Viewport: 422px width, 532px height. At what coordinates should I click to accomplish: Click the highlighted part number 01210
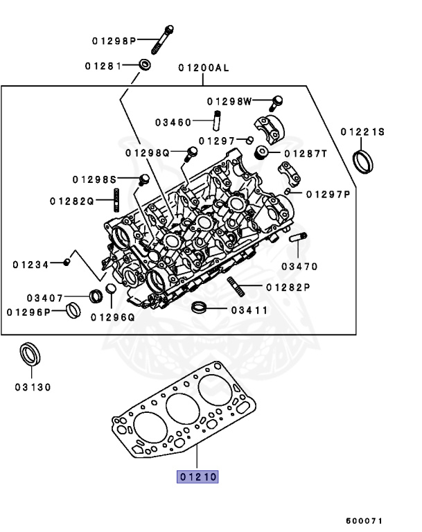pos(198,477)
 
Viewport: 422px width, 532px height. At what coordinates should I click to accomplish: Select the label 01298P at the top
pos(114,41)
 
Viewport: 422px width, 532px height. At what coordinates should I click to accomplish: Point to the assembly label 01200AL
pos(202,68)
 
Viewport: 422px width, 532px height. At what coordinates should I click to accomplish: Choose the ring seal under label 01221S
pos(363,160)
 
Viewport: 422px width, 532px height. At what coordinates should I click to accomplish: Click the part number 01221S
pos(362,132)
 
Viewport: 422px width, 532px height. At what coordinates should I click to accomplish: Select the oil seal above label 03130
pos(29,355)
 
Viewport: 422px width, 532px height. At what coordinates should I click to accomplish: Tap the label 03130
pos(32,387)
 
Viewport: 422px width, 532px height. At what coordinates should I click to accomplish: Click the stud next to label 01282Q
pos(116,201)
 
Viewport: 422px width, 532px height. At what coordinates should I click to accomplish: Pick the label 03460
pos(173,122)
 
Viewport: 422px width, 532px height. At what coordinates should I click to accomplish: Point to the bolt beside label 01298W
pos(276,102)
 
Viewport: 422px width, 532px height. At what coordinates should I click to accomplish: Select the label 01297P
pos(328,195)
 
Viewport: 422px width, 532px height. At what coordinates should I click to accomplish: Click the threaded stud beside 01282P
pos(234,286)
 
